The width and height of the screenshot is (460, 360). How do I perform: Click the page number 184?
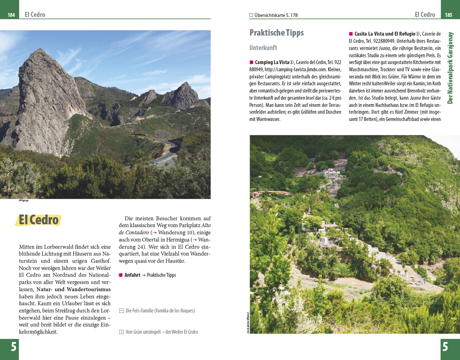(11, 15)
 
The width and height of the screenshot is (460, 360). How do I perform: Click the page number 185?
(448, 15)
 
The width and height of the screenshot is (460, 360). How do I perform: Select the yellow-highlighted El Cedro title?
(39, 220)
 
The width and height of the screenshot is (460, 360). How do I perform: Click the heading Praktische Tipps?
(276, 33)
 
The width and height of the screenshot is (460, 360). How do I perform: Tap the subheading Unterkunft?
(263, 48)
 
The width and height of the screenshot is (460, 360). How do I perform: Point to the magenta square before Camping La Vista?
(251, 62)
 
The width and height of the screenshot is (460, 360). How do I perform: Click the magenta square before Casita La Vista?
(351, 34)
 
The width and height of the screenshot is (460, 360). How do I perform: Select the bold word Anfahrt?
(132, 275)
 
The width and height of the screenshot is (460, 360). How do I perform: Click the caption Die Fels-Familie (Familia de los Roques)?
(160, 311)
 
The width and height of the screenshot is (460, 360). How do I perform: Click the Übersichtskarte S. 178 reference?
(276, 15)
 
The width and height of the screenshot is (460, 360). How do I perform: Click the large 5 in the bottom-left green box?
(13, 347)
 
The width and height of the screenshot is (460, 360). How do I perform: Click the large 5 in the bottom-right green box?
(445, 347)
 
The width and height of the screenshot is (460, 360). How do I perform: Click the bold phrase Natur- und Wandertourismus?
(73, 289)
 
